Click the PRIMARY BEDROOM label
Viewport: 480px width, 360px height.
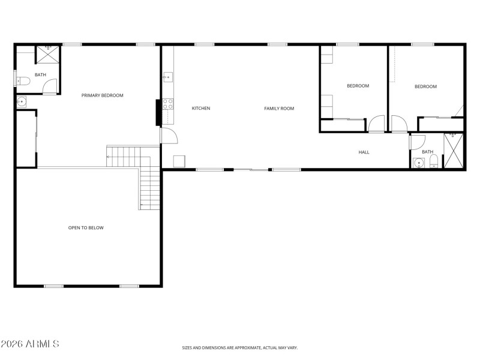(x=103, y=95)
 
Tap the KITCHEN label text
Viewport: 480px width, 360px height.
(x=200, y=108)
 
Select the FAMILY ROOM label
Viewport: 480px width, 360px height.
(x=279, y=108)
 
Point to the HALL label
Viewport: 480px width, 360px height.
(x=364, y=152)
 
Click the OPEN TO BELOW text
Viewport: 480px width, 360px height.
(x=86, y=227)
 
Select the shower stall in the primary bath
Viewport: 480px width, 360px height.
(x=47, y=54)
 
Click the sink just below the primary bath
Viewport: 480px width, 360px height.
(x=22, y=101)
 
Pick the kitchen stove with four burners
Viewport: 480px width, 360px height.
(x=168, y=103)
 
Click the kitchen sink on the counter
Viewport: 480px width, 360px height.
(x=167, y=77)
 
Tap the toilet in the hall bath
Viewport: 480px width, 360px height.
(x=434, y=163)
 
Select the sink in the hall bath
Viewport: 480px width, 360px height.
(x=418, y=163)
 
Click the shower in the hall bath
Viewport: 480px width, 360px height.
(x=453, y=151)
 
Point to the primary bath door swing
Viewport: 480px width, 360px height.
(x=50, y=86)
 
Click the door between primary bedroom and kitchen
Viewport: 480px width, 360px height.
(x=169, y=136)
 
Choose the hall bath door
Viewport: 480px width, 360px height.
(x=417, y=142)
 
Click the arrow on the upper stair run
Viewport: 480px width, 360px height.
(x=109, y=157)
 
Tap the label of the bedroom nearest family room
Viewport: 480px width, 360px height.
(x=358, y=86)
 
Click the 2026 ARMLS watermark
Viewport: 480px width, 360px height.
(x=30, y=344)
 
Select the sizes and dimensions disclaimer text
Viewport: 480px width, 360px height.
(x=240, y=347)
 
